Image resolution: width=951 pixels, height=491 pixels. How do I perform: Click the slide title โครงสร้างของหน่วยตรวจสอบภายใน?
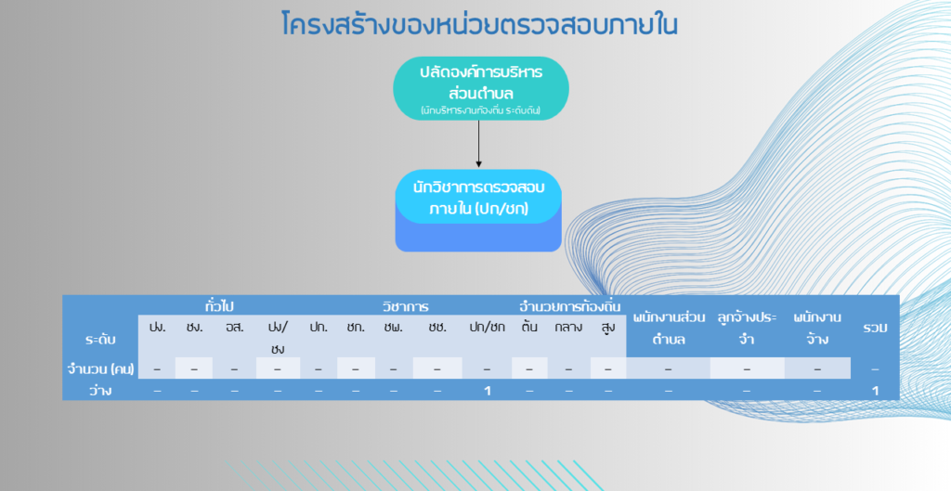click(x=479, y=24)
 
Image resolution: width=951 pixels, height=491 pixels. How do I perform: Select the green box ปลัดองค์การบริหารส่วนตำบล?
click(x=481, y=88)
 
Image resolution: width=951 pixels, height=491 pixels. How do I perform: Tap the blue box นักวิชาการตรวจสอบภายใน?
click(x=478, y=211)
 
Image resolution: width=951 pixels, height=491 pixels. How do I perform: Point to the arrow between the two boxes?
click(x=478, y=144)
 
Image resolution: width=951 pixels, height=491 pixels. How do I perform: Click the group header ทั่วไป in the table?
click(x=219, y=306)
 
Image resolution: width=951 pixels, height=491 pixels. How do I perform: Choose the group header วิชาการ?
click(x=405, y=306)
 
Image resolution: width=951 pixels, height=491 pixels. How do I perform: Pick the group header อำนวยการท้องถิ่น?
click(x=569, y=306)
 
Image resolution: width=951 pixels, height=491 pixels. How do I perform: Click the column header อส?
click(x=234, y=328)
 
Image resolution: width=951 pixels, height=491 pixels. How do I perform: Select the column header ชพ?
click(x=393, y=328)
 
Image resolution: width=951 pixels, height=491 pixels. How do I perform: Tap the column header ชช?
click(x=437, y=328)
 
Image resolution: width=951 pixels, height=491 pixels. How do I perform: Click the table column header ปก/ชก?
click(x=487, y=328)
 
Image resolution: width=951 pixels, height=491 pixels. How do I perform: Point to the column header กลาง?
click(x=568, y=328)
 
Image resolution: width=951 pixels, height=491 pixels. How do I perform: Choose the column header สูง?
click(x=608, y=328)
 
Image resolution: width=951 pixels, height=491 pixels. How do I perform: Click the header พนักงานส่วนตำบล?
click(x=669, y=328)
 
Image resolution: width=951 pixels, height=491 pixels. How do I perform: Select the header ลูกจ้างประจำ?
click(x=747, y=328)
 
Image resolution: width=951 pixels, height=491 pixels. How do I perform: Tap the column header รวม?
click(x=875, y=328)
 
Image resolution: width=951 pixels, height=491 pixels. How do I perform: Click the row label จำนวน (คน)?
click(x=100, y=368)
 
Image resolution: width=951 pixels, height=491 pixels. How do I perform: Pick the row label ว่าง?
click(x=100, y=391)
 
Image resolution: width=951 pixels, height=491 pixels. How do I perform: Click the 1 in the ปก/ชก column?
click(x=487, y=391)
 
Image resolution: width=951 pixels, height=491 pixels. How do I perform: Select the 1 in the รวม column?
click(x=875, y=391)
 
